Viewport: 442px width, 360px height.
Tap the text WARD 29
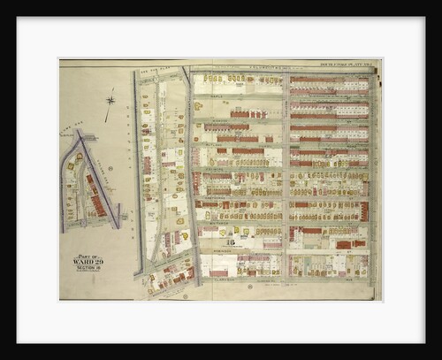coord(88,263)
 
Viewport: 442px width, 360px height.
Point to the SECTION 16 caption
coord(88,269)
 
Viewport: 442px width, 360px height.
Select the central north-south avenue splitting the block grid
coord(285,177)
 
